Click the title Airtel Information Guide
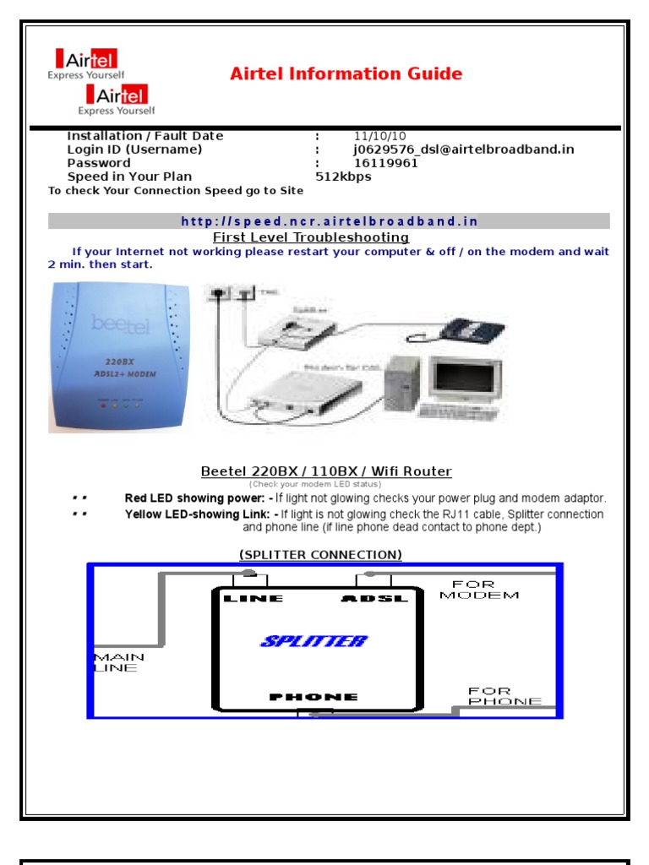pos(346,74)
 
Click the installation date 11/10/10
pos(379,136)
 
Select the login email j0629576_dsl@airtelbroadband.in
pos(463,150)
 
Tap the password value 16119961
pos(385,163)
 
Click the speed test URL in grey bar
pos(329,221)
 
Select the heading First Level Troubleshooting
pos(310,237)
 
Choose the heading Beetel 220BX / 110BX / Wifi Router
pos(325,471)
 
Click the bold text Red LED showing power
pos(194,498)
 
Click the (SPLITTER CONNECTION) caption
pos(320,554)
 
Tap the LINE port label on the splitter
pos(253,598)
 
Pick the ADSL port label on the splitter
pos(374,598)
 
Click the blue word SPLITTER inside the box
pos(314,641)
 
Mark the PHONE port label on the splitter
pos(314,697)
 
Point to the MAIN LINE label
pos(118,662)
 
